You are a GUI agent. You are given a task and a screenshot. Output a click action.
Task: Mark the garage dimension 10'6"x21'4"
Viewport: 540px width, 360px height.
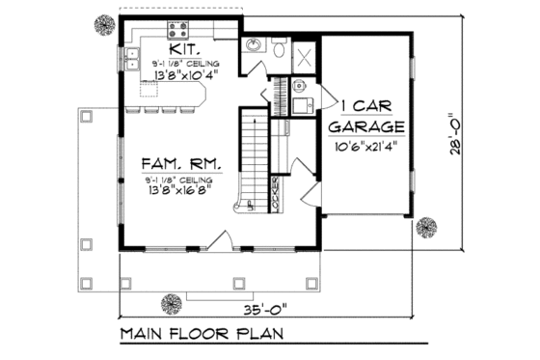[x=367, y=148]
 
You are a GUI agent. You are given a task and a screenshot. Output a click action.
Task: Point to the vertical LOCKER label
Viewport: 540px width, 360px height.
[x=276, y=193]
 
